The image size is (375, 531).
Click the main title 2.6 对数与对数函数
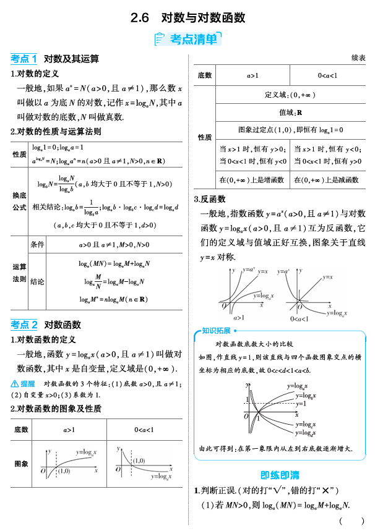pos(187,18)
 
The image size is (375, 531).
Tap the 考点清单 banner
pos(187,40)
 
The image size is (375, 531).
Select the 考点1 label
pos(24,59)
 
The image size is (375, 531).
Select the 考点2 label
pos(24,325)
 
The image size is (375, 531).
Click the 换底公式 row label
pos(20,201)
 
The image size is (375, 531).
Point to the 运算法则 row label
pos(20,273)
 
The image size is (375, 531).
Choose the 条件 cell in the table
pos(37,245)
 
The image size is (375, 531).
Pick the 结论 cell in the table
pos(37,281)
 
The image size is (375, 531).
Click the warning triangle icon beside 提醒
pos(15,384)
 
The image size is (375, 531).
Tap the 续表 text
pos(358,58)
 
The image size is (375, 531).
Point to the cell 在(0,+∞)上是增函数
pos(252,180)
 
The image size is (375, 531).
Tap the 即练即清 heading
pos(280,475)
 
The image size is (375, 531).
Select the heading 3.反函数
pos(210,199)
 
